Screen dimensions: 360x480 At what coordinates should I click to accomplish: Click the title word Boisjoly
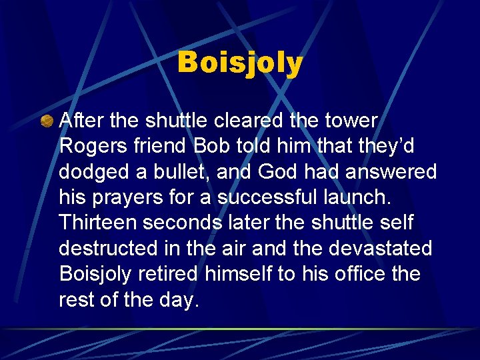point(240,63)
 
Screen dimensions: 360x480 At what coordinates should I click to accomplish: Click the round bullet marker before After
point(46,121)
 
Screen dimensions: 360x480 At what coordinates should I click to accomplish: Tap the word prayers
point(128,198)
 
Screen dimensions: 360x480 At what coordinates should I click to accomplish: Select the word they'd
point(395,146)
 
